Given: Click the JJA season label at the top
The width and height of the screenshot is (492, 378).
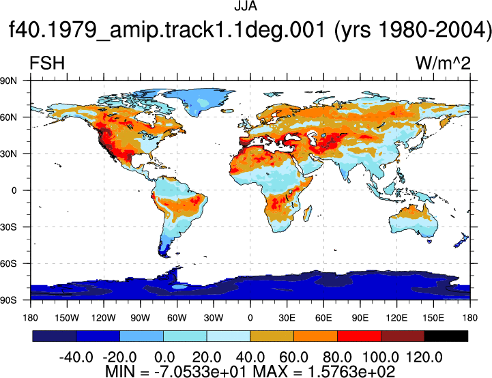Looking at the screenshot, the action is click(x=246, y=6).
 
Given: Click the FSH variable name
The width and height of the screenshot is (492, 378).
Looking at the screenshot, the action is click(x=47, y=63).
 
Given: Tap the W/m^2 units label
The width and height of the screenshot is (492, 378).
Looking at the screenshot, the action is click(x=443, y=63).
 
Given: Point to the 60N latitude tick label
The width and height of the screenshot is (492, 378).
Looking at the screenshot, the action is click(x=8, y=117).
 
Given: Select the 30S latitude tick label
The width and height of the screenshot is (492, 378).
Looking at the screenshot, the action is click(x=8, y=227).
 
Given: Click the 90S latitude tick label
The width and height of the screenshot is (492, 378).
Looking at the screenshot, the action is click(x=8, y=300).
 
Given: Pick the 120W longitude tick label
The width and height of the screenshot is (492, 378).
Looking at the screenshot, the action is click(x=104, y=318).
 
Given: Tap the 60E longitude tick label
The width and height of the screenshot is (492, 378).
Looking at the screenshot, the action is click(x=323, y=318).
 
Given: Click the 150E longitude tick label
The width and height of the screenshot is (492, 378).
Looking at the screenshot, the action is click(x=433, y=318).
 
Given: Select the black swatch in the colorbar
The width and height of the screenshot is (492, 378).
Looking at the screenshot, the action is click(x=446, y=336).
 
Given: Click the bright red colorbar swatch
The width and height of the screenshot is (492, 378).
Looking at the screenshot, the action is click(x=359, y=336).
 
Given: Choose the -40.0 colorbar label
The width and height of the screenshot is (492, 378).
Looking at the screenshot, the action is click(x=76, y=358).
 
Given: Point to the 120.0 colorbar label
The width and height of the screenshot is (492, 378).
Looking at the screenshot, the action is click(x=424, y=358).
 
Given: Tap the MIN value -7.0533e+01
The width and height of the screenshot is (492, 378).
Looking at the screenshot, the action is click(x=202, y=371).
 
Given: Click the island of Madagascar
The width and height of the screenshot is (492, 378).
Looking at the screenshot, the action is click(x=308, y=213).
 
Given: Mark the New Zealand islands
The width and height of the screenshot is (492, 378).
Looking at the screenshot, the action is click(x=461, y=240).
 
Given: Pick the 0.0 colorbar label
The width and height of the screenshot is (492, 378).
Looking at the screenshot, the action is click(x=164, y=358).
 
